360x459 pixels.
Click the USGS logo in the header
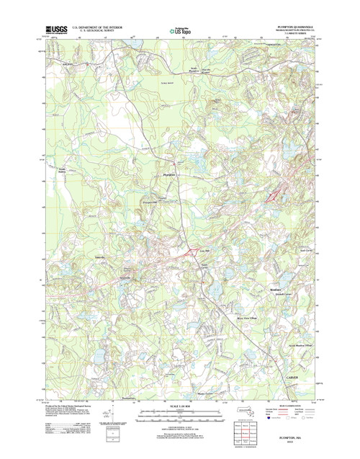(55, 30)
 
